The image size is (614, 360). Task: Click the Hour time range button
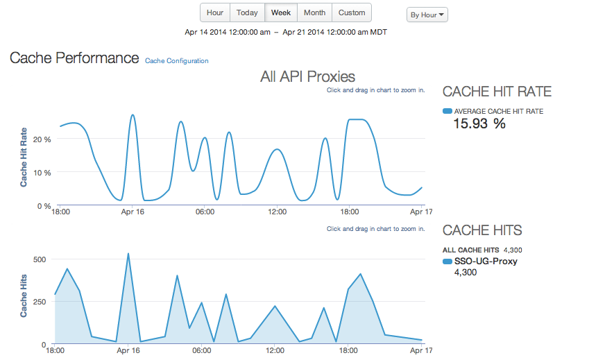215,12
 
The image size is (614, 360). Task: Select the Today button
247,12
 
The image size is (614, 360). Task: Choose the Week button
281,12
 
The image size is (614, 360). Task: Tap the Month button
314,12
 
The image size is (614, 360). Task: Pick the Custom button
352,12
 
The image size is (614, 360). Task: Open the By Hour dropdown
427,15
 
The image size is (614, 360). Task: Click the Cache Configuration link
177,61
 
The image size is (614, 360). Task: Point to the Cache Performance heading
74,58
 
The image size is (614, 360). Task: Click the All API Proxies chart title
307,76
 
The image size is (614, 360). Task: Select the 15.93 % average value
479,124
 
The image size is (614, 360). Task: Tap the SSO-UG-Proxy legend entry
485,262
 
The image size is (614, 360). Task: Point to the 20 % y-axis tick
43,139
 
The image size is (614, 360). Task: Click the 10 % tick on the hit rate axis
43,173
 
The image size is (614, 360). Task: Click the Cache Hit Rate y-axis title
24,157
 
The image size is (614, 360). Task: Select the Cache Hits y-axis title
24,295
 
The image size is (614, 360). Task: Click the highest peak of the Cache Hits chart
128,254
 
